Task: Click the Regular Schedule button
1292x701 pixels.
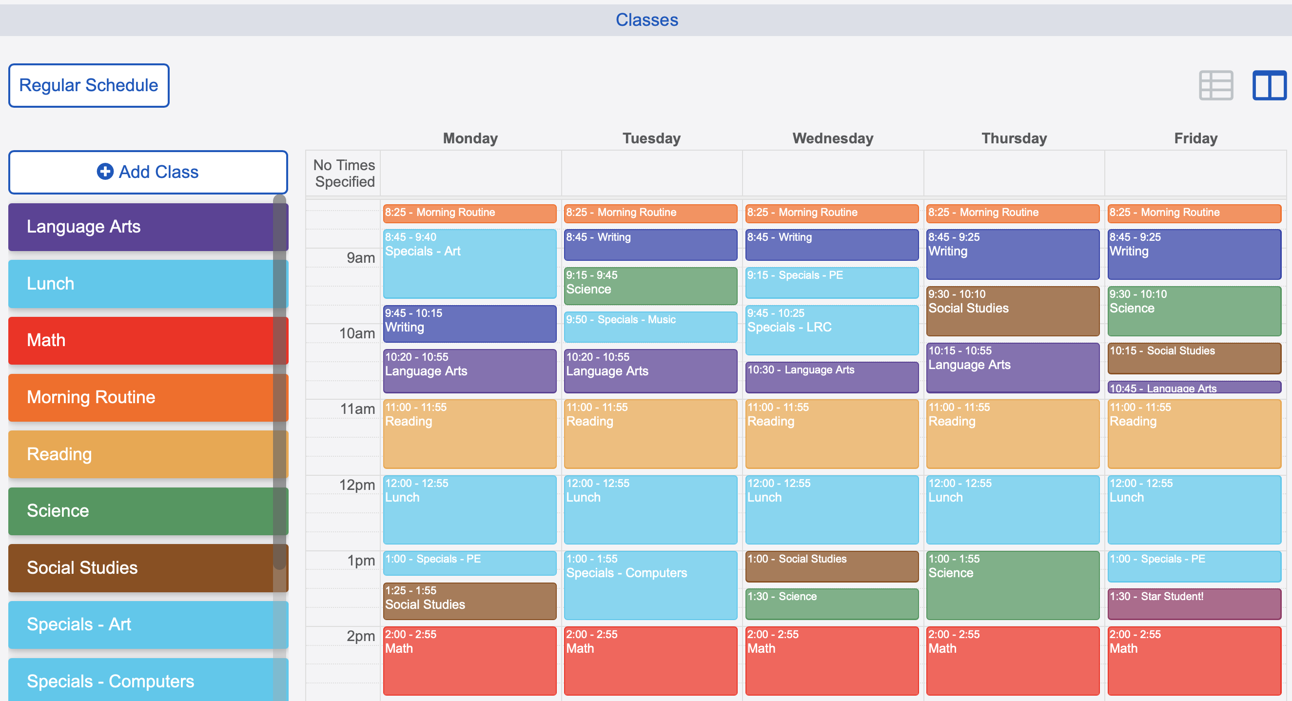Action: [89, 85]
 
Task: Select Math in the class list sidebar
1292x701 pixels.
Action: [140, 340]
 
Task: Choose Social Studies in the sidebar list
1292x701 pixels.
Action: [140, 567]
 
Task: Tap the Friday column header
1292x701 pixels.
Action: [1195, 138]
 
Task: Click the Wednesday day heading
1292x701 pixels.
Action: [833, 138]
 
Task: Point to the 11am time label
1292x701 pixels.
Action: [357, 409]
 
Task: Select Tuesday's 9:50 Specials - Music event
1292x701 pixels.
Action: [650, 327]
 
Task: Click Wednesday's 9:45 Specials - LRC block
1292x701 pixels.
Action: [832, 330]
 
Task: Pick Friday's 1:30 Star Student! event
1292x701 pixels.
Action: [1194, 603]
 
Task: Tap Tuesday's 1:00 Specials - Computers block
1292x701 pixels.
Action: [650, 585]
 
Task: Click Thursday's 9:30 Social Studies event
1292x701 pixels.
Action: [1013, 311]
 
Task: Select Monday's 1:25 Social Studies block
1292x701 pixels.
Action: [470, 601]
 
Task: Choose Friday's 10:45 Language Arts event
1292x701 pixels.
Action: [1194, 388]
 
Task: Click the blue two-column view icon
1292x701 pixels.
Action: [1269, 85]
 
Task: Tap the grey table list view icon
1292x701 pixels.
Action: [1216, 85]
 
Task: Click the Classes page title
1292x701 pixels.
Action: [646, 20]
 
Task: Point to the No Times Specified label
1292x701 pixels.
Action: [344, 173]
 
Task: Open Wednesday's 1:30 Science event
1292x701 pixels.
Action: [832, 603]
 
